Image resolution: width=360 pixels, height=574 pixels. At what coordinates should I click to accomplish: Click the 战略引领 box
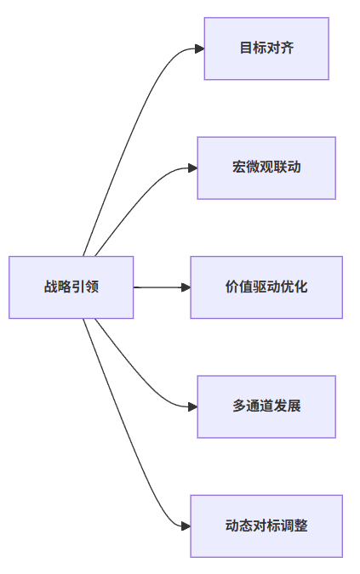(71, 287)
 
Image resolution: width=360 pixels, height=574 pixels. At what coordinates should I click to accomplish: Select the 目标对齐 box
(266, 48)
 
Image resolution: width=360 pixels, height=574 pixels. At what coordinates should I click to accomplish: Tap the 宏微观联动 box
(266, 168)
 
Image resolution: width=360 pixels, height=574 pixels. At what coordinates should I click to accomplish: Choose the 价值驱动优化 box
(266, 287)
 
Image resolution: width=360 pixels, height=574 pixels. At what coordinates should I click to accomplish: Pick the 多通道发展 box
(266, 406)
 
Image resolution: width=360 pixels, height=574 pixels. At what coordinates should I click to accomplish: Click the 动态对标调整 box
(266, 526)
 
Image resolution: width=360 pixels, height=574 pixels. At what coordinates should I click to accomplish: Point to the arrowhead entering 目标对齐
(200, 48)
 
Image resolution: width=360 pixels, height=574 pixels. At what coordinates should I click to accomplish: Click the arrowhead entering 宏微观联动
(192, 168)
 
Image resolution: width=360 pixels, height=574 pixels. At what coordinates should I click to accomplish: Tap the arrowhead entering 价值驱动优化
(186, 287)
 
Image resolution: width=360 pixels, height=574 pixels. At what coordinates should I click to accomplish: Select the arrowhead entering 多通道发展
(192, 406)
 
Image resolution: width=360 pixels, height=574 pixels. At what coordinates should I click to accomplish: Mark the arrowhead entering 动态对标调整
(186, 526)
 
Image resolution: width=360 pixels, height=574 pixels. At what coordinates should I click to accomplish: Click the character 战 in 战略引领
(51, 287)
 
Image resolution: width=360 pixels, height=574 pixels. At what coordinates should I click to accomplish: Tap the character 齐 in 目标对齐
(287, 48)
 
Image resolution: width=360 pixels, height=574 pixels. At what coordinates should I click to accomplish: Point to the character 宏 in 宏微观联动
(239, 168)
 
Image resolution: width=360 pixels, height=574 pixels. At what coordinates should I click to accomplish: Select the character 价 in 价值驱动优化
(232, 287)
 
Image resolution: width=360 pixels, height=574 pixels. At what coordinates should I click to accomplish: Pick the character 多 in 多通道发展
(239, 406)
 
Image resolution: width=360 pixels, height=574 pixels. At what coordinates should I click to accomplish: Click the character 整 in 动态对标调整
(300, 526)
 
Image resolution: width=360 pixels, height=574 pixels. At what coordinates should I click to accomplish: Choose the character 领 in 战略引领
(92, 287)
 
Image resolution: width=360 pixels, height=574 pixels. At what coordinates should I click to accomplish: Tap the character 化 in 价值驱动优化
(300, 287)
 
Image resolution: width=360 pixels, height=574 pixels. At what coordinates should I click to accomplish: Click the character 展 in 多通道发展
(294, 406)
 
